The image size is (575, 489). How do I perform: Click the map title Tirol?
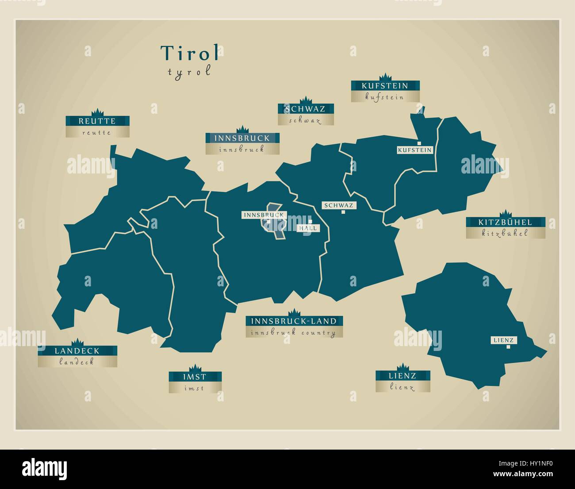[x=190, y=53]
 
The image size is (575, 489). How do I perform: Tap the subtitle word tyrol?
[x=189, y=72]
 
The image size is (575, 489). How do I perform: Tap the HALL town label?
[x=308, y=228]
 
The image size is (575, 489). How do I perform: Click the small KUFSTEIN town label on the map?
[x=414, y=150]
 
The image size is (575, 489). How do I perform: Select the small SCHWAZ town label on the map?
[x=338, y=205]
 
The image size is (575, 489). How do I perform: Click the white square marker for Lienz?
[x=508, y=347]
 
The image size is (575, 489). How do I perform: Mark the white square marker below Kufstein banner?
[x=419, y=142]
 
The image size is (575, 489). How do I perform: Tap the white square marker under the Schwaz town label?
[x=343, y=212]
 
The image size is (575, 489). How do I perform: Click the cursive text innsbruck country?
[x=294, y=333]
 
